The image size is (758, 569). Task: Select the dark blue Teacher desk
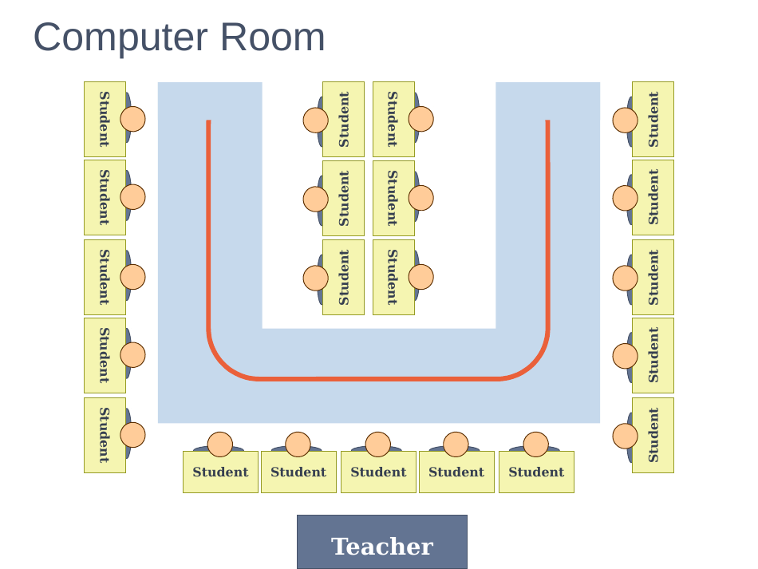[x=381, y=542]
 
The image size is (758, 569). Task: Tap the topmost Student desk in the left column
[x=105, y=119]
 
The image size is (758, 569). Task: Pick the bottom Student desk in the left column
[x=105, y=435]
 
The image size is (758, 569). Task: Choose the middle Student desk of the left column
[x=105, y=277]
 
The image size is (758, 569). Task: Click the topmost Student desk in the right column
[x=653, y=119]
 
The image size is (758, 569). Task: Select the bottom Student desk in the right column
[x=653, y=435]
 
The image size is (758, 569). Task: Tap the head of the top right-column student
[x=626, y=121]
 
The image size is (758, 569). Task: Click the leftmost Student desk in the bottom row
[x=220, y=472]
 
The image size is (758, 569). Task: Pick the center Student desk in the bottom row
[x=378, y=472]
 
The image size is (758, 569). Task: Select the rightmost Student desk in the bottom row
[x=536, y=472]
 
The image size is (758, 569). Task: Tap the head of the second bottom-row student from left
[x=298, y=444]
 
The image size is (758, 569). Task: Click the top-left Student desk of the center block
[x=343, y=119]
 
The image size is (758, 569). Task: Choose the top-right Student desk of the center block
[x=393, y=119]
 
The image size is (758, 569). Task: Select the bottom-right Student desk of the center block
[x=393, y=277]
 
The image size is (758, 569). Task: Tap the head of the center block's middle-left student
[x=316, y=199]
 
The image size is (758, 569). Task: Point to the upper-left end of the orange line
[x=208, y=122]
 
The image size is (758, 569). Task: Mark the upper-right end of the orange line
[x=547, y=122]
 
